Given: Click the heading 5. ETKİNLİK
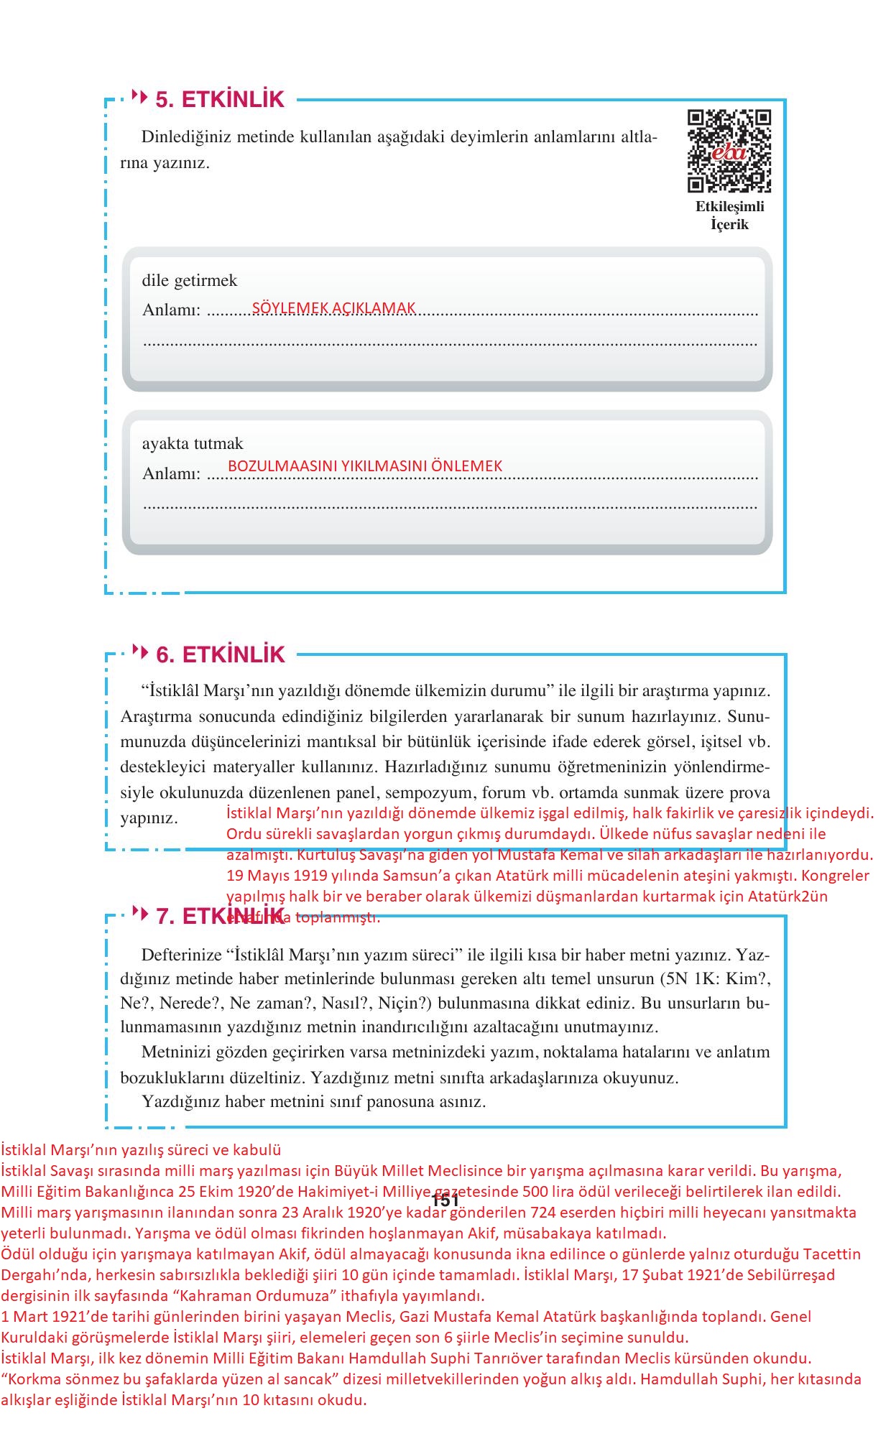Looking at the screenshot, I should click(220, 99).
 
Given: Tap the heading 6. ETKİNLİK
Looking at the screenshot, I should click(221, 654).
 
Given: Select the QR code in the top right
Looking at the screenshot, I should click(729, 151).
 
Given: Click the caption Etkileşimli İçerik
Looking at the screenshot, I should click(729, 216).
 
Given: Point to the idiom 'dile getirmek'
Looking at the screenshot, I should click(189, 280).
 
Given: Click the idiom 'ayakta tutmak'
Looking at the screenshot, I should click(193, 443).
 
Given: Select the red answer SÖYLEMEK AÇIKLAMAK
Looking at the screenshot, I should click(333, 308).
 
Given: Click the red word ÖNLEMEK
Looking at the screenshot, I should click(466, 466).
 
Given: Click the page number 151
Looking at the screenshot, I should click(445, 1200).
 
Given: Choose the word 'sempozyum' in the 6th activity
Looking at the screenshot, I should click(430, 793).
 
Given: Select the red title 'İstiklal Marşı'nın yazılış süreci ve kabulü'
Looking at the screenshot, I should click(141, 1149).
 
